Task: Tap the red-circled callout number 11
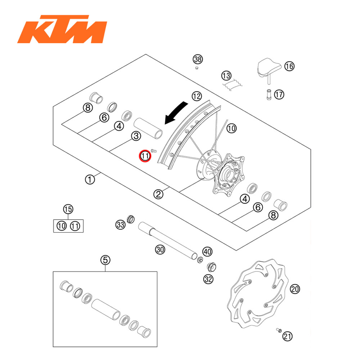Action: [145, 156]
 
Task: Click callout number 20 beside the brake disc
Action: [295, 289]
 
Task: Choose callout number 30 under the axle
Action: [160, 249]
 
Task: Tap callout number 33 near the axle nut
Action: [120, 225]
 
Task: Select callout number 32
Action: [208, 279]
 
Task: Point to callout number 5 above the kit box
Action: [105, 260]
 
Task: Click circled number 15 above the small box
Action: [68, 209]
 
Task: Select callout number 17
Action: [279, 95]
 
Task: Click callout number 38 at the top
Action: [198, 59]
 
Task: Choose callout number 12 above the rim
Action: [196, 96]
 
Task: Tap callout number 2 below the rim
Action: [158, 194]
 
